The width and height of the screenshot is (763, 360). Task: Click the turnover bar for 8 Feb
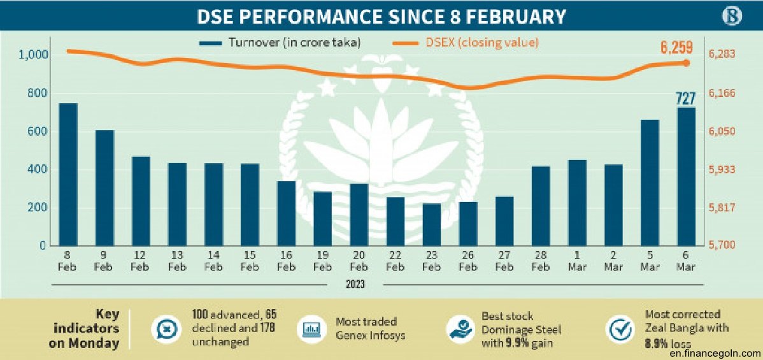68,175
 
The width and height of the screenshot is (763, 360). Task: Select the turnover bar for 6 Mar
686,176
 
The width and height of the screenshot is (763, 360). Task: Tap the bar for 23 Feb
432,224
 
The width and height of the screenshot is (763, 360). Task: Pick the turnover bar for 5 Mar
650,183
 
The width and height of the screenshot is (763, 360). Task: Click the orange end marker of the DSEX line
686,62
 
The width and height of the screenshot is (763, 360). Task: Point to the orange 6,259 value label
676,47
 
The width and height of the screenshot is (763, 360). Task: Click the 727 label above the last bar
686,98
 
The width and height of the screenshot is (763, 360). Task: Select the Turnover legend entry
280,43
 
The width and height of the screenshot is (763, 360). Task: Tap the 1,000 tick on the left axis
34,55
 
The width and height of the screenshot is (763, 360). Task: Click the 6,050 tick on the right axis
722,132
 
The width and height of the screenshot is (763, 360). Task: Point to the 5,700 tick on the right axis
722,245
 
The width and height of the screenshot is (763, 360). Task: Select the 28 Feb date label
541,261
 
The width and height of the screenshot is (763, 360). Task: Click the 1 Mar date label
577,261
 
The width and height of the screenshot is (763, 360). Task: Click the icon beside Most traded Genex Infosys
310,329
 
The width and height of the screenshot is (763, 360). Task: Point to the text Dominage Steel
521,329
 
